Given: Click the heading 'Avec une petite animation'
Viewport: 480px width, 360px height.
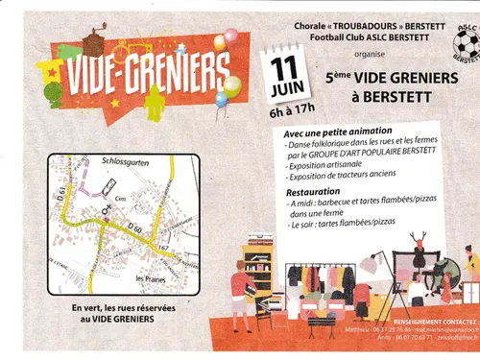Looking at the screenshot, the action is (339, 132).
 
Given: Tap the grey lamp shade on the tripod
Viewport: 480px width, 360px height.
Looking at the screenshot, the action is (370, 260).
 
